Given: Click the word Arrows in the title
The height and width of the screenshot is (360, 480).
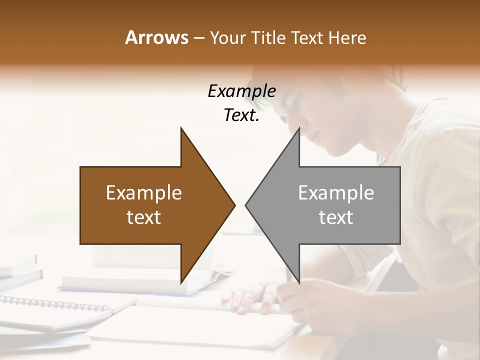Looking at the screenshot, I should pyautogui.click(x=156, y=37).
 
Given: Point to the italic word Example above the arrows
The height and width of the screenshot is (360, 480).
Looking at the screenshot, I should pyautogui.click(x=241, y=91).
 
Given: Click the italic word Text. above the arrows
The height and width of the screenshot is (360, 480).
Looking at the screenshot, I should pyautogui.click(x=241, y=115).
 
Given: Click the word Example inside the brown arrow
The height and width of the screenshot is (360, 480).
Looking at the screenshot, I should pyautogui.click(x=144, y=193).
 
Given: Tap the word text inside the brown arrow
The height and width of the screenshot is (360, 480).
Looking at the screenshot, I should pyautogui.click(x=144, y=217).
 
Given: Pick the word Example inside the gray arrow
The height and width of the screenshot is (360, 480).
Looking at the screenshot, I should pyautogui.click(x=336, y=193).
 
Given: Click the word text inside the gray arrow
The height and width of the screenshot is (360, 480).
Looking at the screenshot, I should pyautogui.click(x=336, y=217).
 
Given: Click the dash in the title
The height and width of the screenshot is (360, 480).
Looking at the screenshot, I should pyautogui.click(x=198, y=38).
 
